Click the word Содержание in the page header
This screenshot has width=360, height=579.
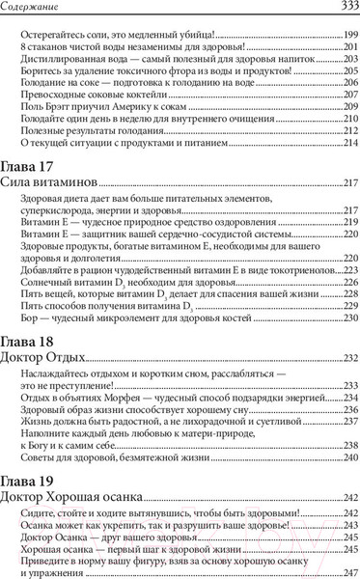30,9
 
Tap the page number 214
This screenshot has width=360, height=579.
350,142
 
